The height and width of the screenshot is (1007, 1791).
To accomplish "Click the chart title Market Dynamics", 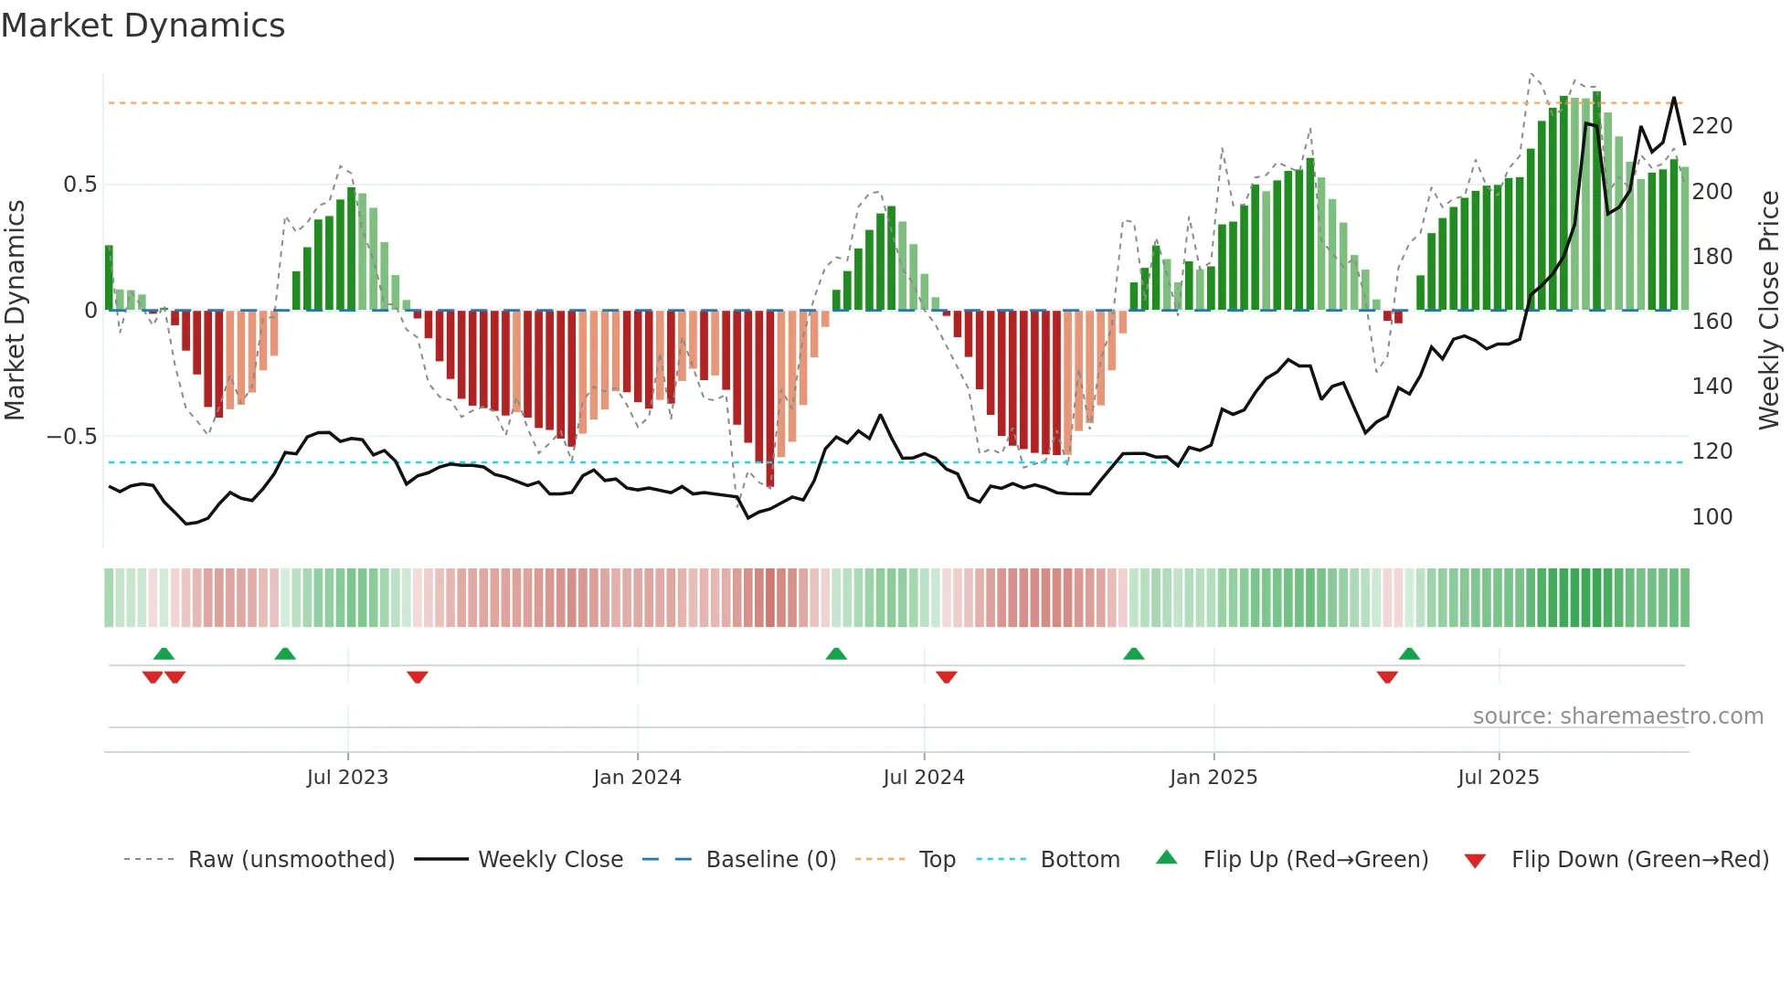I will click(143, 26).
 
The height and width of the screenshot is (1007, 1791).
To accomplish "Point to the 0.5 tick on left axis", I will click(79, 185).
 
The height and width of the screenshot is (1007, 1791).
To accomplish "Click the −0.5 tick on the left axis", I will click(72, 437).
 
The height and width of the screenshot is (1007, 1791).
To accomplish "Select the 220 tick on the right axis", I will click(1712, 126).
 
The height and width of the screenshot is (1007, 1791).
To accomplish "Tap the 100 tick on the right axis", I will click(1712, 517).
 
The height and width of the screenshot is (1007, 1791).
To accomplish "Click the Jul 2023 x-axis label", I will click(347, 778).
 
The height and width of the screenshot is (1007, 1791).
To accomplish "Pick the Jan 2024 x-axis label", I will click(637, 778).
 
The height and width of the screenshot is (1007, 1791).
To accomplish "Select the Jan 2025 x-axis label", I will click(1213, 778).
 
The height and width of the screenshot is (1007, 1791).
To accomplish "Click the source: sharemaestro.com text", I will click(1617, 716).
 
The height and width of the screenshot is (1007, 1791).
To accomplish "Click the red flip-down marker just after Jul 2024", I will click(947, 677).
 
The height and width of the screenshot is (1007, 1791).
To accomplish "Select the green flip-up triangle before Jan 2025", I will click(1133, 653).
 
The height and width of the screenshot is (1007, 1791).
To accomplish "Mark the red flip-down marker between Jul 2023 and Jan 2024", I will click(418, 677).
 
